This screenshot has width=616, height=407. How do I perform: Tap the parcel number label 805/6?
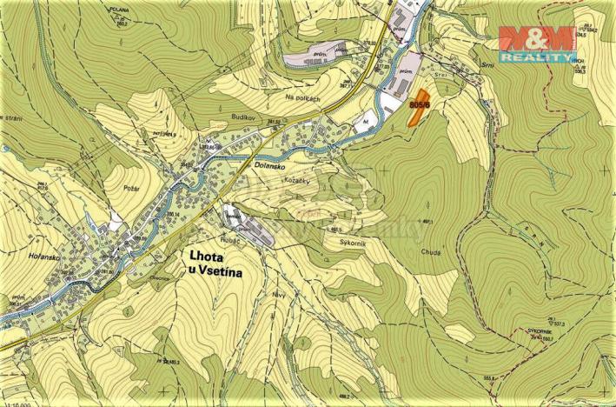point(419,103)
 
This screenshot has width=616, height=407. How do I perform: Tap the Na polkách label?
point(302,99)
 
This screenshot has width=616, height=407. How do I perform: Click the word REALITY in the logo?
point(535,56)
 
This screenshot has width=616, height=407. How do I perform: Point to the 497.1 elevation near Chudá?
point(426,222)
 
